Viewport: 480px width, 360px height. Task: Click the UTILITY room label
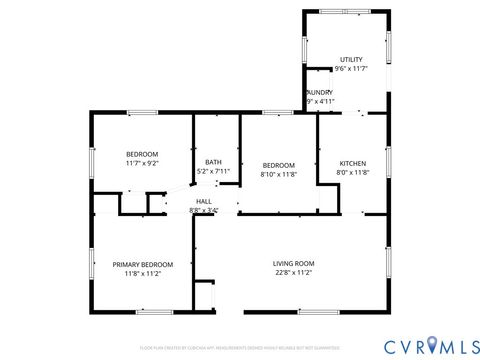coord(350,59)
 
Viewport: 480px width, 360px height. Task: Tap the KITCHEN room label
coord(353,163)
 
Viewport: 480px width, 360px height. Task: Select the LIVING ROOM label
coord(293,263)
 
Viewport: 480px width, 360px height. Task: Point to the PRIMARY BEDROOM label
coord(143,264)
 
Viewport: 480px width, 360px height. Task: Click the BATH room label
coord(214,162)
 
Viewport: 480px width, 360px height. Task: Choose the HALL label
coord(204,201)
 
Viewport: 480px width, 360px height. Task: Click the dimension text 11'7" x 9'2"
coord(142,163)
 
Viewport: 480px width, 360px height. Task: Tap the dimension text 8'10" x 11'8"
coord(279,173)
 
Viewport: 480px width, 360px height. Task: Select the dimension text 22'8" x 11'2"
coord(293,272)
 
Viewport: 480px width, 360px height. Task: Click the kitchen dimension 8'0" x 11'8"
coord(353,172)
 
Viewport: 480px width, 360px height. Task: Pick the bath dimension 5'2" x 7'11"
coord(214,171)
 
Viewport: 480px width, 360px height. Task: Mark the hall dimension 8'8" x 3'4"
coord(204,210)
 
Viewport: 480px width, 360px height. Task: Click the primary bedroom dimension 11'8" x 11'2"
coord(143,273)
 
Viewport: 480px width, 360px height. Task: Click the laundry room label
coord(320,92)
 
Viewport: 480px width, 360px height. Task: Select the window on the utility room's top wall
coord(346,11)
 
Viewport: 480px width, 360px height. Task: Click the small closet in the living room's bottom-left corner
coord(204,297)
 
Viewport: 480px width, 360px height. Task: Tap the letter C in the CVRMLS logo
coord(371,345)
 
